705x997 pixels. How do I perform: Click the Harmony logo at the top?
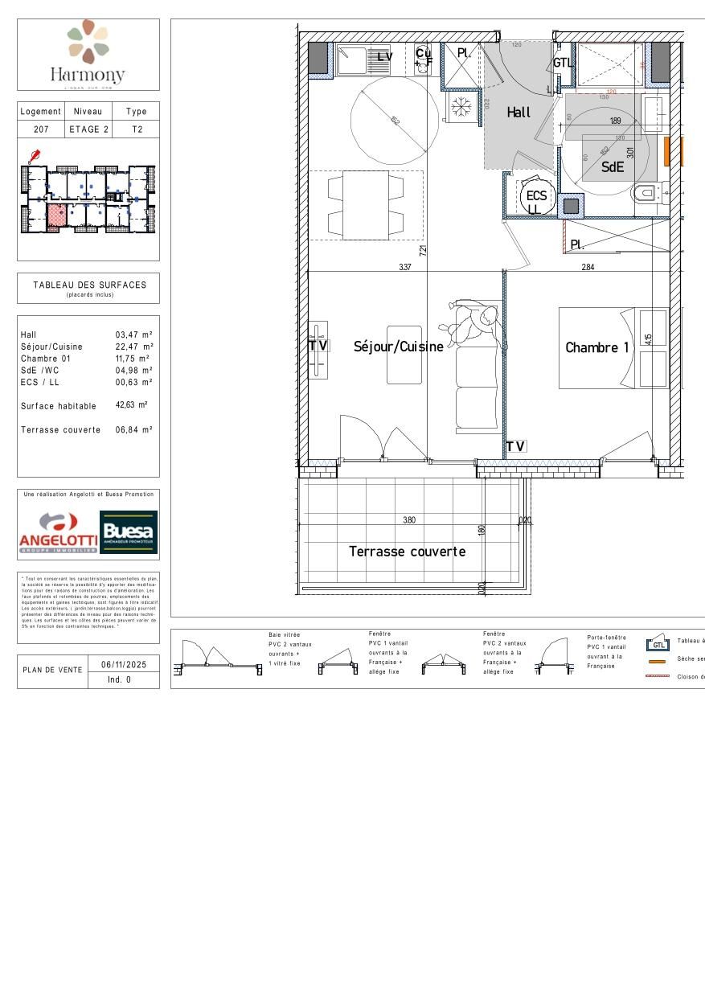click(x=88, y=54)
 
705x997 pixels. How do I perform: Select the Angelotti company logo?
click(x=58, y=534)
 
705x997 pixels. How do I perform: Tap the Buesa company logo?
click(x=129, y=532)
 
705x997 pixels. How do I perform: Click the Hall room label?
click(x=519, y=113)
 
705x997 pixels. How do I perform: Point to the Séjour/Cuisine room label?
click(x=398, y=347)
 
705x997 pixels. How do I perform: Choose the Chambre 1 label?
click(x=596, y=347)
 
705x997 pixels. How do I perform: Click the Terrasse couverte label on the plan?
click(x=407, y=552)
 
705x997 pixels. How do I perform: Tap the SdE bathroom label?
click(x=613, y=167)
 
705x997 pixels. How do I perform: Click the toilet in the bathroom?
click(x=647, y=193)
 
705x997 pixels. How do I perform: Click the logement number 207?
click(x=41, y=129)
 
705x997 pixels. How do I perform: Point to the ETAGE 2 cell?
click(x=88, y=129)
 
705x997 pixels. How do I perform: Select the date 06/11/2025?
click(x=119, y=665)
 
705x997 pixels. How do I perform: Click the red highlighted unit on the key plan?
click(x=56, y=216)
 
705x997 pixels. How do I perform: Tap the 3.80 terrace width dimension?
click(x=409, y=520)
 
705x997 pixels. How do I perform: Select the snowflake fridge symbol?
click(x=461, y=106)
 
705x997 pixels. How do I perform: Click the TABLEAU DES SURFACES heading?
click(x=89, y=285)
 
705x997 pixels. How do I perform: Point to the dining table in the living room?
click(x=366, y=204)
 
